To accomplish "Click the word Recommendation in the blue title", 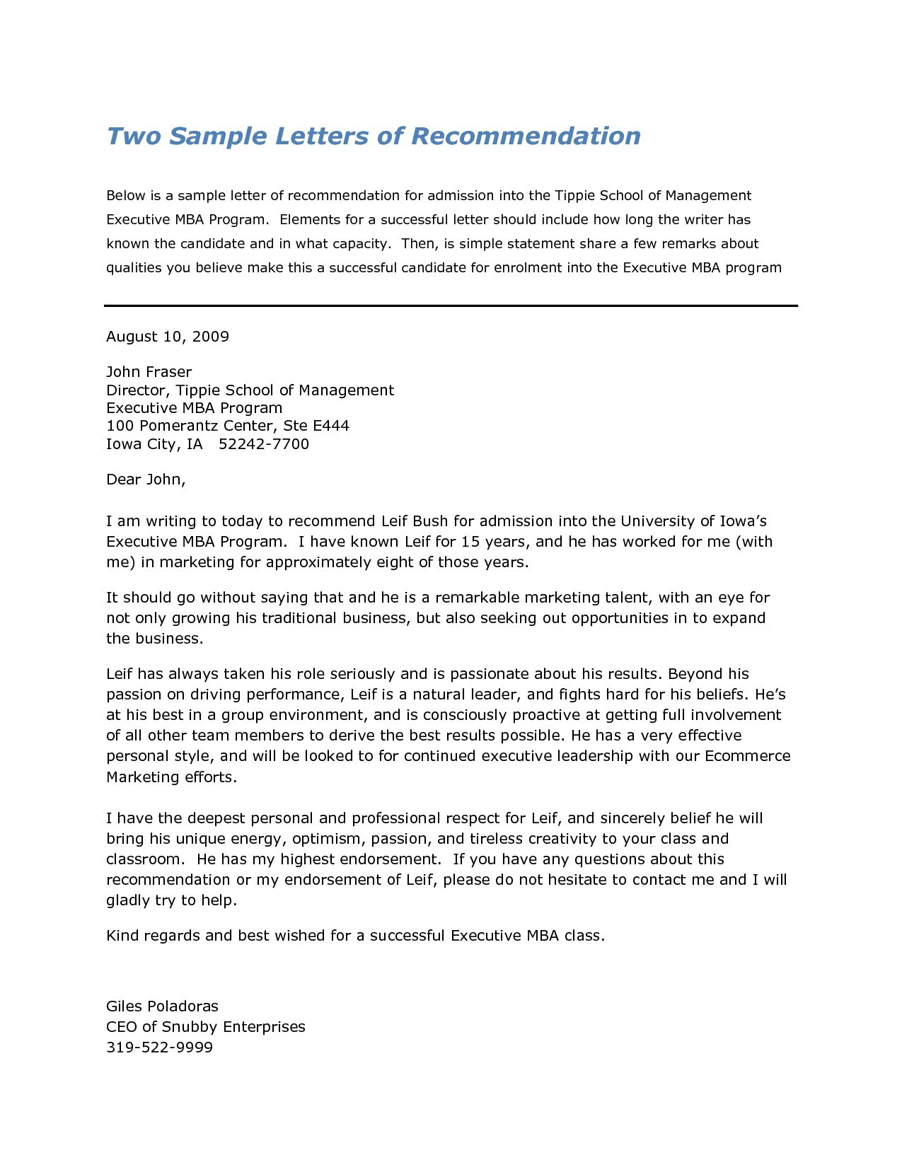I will tap(526, 136).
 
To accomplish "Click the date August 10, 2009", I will tap(168, 337).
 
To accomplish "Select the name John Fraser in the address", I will tap(149, 372).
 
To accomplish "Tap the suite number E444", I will tap(331, 426).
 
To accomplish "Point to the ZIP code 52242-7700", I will tap(264, 444).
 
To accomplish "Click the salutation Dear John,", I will tap(146, 480).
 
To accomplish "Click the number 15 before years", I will tap(470, 542).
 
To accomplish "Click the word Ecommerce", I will tap(747, 756).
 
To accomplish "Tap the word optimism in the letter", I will tap(325, 839).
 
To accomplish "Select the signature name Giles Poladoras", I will tap(162, 1006).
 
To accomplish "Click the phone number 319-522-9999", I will tap(159, 1047).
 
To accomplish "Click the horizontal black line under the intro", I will tap(451, 306).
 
